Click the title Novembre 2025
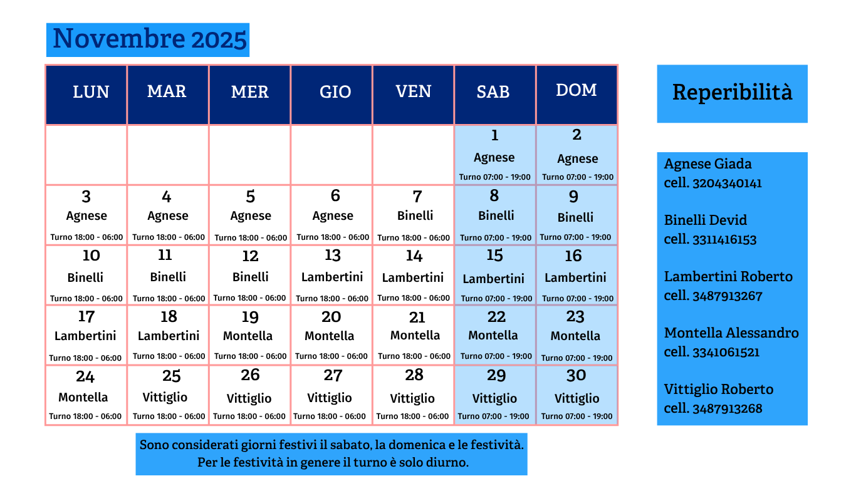click(149, 39)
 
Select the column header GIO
click(335, 92)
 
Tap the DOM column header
click(576, 90)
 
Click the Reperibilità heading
click(732, 92)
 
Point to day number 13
click(332, 256)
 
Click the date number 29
click(496, 376)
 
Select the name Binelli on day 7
click(415, 215)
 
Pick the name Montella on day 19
click(248, 336)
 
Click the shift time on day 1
click(494, 177)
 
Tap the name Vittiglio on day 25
click(165, 397)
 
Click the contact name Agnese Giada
click(707, 164)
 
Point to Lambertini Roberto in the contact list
click(728, 277)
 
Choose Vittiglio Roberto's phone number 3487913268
click(727, 408)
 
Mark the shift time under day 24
click(85, 416)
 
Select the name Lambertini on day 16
click(575, 277)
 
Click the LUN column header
click(91, 92)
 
